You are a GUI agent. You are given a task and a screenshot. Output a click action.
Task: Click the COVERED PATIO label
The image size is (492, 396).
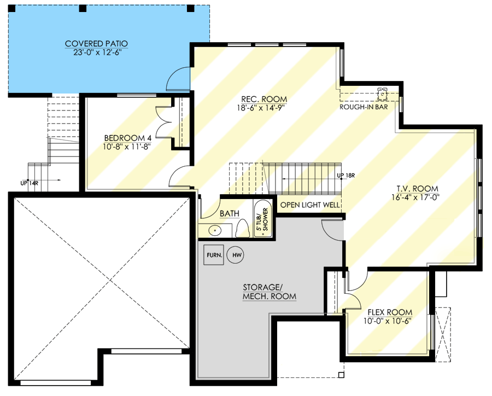click(96, 43)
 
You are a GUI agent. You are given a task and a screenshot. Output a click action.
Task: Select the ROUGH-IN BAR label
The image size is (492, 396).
click(363, 107)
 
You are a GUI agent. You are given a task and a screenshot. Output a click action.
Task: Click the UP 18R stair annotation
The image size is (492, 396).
click(347, 176)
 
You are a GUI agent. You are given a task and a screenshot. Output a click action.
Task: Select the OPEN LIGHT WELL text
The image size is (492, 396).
click(310, 206)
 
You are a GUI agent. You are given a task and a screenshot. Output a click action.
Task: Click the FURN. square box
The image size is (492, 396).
click(213, 255)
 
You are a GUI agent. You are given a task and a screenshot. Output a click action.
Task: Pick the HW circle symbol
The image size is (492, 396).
click(236, 255)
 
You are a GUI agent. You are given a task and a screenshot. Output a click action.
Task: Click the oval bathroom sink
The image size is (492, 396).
click(215, 230)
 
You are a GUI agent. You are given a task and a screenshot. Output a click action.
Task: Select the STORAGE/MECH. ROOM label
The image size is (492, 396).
click(269, 292)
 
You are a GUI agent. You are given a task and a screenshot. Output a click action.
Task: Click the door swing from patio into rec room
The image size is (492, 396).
click(178, 79)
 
